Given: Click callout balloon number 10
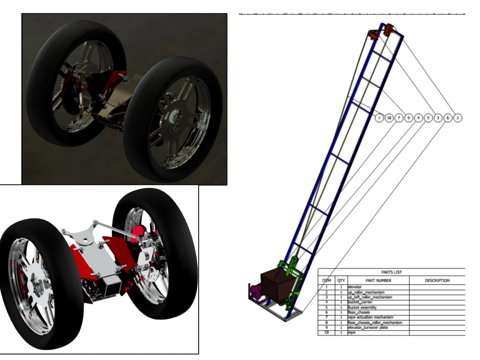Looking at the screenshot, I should tap(389, 118).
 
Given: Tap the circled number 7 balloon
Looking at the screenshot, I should tap(399, 118).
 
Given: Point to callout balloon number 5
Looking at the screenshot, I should tap(428, 118).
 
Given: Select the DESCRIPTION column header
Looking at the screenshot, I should tap(437, 280).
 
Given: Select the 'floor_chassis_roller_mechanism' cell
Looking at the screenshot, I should tap(374, 323).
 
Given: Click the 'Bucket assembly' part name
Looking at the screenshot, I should tap(362, 307).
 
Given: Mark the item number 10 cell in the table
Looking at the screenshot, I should tap(326, 333).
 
